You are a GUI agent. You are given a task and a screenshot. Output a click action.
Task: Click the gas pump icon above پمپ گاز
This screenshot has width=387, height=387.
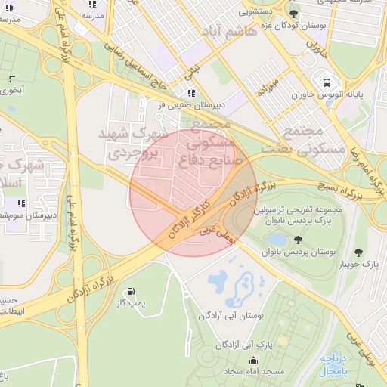(132, 291)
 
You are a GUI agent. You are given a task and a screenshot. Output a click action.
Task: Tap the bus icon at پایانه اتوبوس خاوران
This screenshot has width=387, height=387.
(326, 82)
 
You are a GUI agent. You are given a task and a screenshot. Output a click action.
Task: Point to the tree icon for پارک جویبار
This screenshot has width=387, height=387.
(358, 252)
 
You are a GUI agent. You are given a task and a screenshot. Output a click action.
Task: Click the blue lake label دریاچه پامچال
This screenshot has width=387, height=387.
(335, 366)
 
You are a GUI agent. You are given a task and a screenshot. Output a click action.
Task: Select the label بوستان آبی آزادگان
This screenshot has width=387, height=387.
(234, 315)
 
